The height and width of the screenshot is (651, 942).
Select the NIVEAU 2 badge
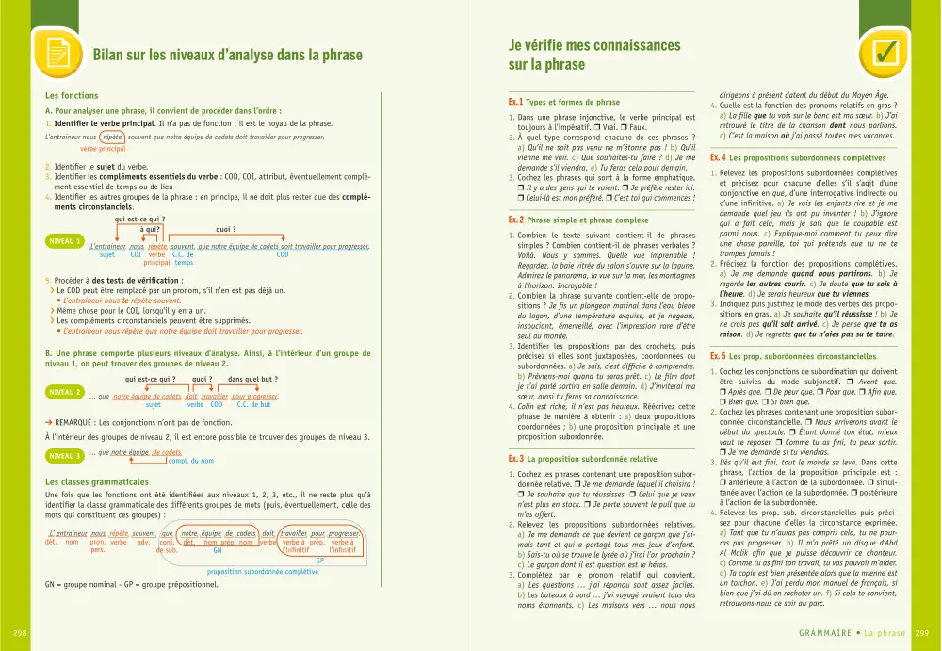pos(65,391)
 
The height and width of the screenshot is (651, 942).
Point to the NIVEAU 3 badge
pos(65,456)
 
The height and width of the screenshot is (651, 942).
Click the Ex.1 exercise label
pos(515,102)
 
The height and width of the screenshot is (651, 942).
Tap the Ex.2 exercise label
pos(515,220)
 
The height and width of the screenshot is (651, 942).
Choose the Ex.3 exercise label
pos(515,458)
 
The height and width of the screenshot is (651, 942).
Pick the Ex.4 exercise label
pos(718,158)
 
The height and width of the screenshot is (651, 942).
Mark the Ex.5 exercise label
pos(718,357)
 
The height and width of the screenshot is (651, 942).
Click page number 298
pos(20,633)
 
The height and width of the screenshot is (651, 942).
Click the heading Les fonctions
pos(72,96)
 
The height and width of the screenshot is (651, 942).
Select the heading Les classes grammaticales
pos(97,482)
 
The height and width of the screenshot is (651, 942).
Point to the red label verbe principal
pos(103,149)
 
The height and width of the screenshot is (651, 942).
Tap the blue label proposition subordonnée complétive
pos(262,571)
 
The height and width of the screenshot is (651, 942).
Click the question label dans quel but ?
pos(250,379)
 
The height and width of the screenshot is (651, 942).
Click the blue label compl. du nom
pos(190,461)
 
